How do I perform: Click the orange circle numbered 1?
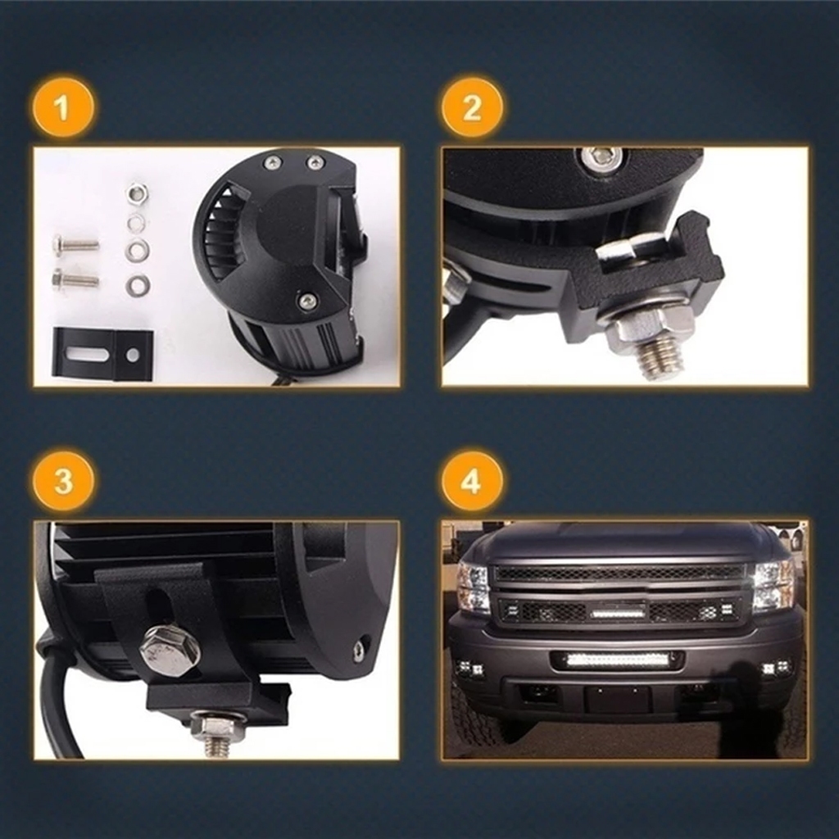click(63, 107)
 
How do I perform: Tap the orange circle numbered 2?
click(472, 107)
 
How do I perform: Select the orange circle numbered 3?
click(63, 481)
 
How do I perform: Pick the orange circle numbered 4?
click(472, 481)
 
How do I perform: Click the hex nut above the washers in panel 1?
click(137, 195)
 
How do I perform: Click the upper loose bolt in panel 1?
click(75, 244)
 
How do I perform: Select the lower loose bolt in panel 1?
click(75, 279)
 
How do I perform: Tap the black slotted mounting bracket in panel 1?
click(102, 354)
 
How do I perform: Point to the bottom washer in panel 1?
click(138, 286)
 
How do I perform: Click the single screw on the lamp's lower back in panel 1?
click(308, 302)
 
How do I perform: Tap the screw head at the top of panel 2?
click(601, 157)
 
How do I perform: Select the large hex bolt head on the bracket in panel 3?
click(170, 650)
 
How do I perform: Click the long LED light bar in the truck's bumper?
click(616, 659)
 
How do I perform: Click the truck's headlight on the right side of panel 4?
click(773, 586)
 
